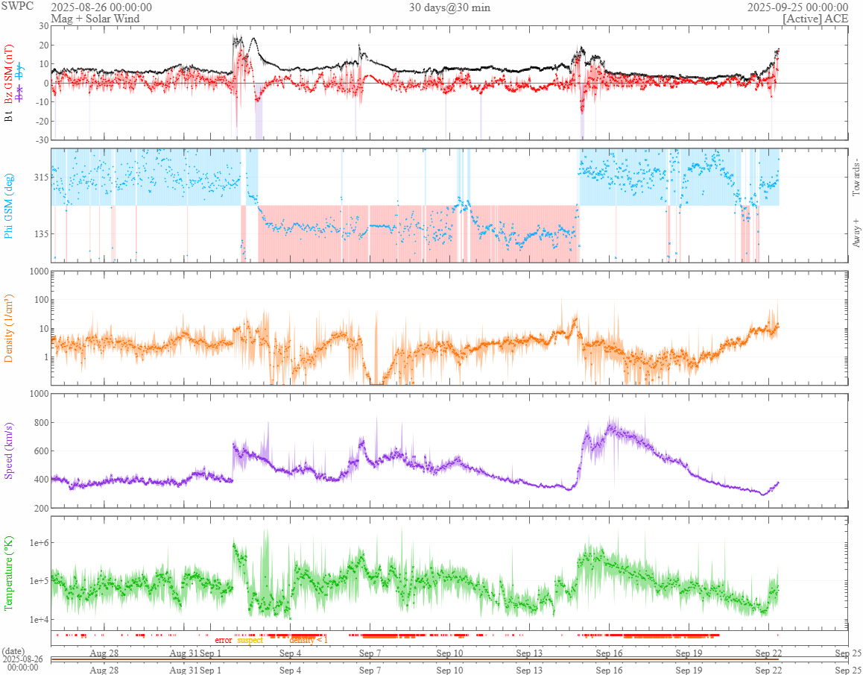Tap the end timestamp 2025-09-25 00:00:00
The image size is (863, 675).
pos(797,7)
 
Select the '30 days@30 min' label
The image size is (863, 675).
pos(449,7)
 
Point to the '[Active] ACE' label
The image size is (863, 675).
pos(815,18)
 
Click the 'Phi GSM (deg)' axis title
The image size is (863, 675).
pos(9,205)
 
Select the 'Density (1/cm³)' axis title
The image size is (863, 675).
pos(9,328)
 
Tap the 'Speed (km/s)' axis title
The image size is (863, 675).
pos(9,450)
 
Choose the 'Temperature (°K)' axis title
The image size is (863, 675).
pos(9,574)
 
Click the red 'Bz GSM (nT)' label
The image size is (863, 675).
pos(9,72)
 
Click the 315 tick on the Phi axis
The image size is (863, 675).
pos(39,178)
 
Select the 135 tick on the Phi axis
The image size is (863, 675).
pos(39,233)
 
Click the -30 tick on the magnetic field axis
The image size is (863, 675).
pos(42,140)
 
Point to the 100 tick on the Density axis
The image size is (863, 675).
pos(39,300)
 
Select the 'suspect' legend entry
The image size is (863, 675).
pos(250,640)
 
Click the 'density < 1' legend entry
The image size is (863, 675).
pos(309,640)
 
